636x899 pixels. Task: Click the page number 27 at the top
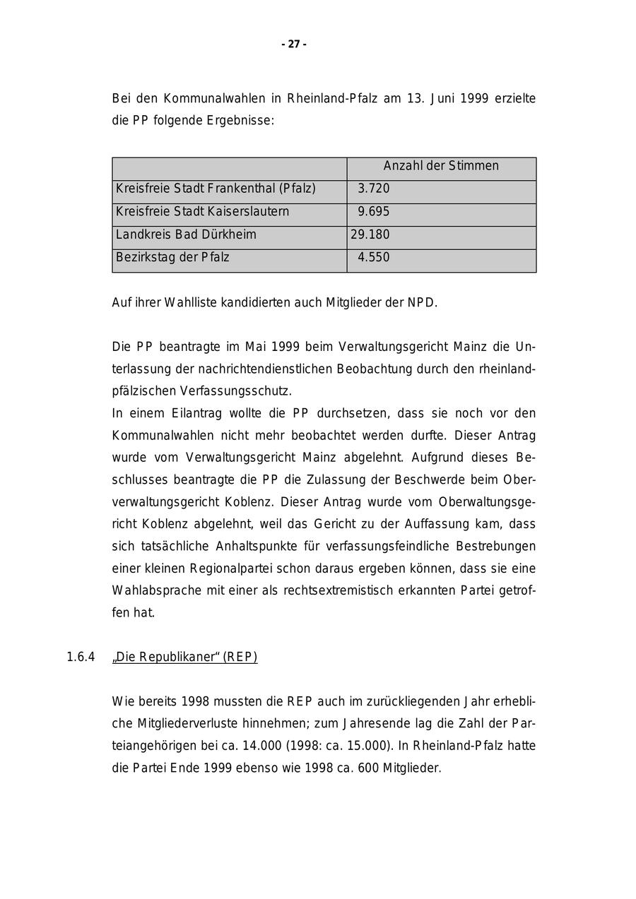click(x=294, y=44)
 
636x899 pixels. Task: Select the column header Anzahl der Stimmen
click(x=441, y=166)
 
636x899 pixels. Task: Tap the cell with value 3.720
click(x=373, y=189)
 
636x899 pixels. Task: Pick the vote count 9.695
click(x=373, y=212)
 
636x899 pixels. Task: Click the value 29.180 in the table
click(x=370, y=234)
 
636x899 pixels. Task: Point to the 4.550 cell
click(x=373, y=257)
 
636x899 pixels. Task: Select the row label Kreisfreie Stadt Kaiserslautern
click(x=202, y=212)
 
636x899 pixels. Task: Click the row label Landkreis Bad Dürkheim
click(x=186, y=234)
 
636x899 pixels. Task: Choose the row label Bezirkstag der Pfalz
click(x=172, y=257)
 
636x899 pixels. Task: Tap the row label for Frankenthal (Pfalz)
click(x=216, y=189)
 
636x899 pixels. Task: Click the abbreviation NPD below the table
click(x=422, y=303)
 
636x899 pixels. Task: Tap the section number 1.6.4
click(x=81, y=657)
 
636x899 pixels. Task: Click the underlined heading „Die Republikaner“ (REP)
click(x=184, y=657)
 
